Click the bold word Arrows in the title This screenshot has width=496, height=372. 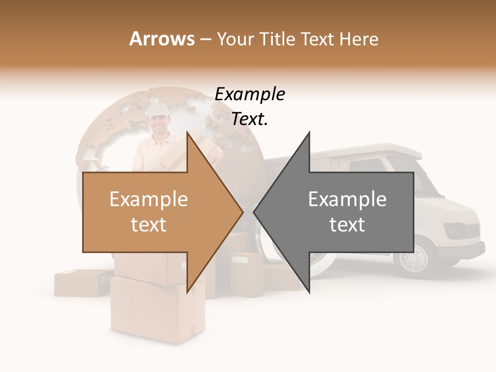click(x=162, y=39)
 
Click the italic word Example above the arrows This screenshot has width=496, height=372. click(x=250, y=95)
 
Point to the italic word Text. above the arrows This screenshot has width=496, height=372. click(x=250, y=119)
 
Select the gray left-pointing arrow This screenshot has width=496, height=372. click(x=341, y=212)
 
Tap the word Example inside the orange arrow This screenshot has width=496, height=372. click(x=149, y=199)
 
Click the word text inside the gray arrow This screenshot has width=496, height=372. click(x=347, y=224)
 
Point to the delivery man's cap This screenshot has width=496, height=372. click(x=158, y=110)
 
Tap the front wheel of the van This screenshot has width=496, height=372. click(x=414, y=258)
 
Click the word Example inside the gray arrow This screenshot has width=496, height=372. click(x=347, y=199)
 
